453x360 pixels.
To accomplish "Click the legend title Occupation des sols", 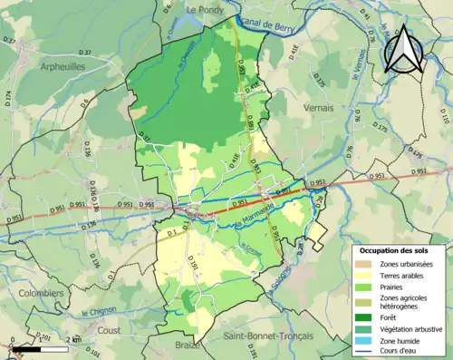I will coord(396,249).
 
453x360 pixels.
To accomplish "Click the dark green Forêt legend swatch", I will coord(364,316).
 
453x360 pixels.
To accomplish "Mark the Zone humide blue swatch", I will coord(364,339).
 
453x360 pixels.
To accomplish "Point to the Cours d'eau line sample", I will coord(364,351).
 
